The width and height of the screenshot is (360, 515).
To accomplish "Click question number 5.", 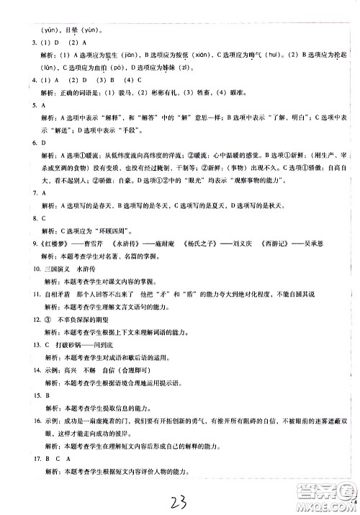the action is (x=24, y=104).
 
